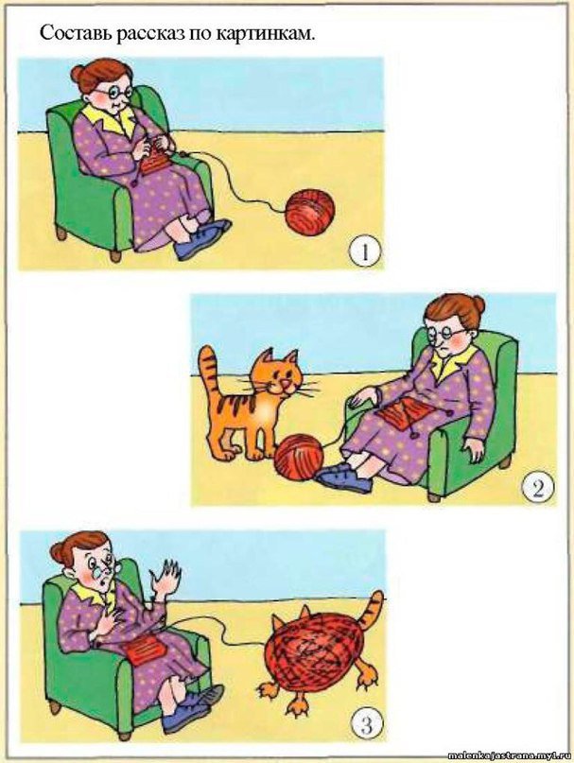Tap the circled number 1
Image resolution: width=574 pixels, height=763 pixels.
pos(364,253)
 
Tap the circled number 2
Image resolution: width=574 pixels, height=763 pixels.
pos(537,488)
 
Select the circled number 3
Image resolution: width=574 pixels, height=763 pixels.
pos(367,727)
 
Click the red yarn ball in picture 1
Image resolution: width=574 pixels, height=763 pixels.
pos(310,213)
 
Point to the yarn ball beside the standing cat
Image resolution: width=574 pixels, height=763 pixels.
pos(299,459)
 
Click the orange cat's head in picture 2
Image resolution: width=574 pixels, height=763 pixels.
pos(281,377)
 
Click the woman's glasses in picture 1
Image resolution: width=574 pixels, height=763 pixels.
pos(113,91)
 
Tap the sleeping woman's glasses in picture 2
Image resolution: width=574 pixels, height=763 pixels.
pos(448,334)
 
